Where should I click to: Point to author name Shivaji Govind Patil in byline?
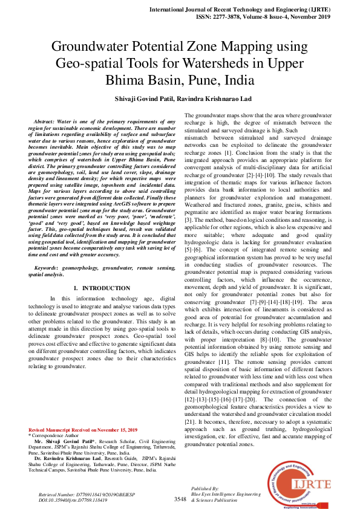click(151, 99)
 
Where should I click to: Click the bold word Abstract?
click(44, 122)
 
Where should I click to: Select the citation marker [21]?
click(190, 421)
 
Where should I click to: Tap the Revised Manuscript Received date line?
click(83, 430)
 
